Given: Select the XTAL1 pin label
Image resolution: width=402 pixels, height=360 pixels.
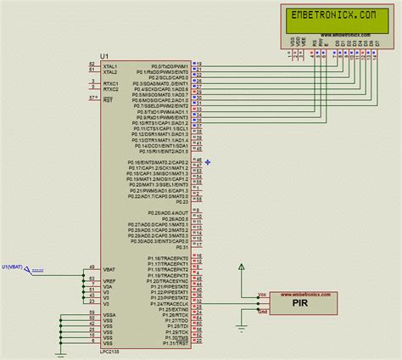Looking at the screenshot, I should (110, 65).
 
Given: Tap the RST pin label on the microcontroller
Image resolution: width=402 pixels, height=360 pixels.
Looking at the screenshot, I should (107, 99).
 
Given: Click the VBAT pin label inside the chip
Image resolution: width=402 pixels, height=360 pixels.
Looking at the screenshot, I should (109, 268).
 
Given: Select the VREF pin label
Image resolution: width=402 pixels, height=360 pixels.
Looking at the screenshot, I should (109, 280).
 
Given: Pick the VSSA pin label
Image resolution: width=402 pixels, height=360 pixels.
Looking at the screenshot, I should (109, 315).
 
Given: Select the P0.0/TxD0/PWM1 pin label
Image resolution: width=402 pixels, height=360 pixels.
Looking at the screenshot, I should (168, 65).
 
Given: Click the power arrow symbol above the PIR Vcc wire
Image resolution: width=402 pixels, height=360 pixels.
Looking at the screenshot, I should (243, 267).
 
